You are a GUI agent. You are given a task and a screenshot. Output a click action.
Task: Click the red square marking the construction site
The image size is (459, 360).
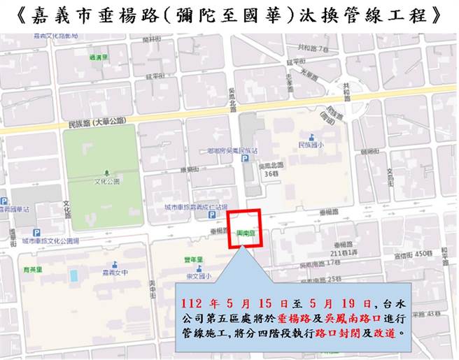pos(246,228)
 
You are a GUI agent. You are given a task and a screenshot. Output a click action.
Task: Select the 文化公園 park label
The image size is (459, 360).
pos(106,181)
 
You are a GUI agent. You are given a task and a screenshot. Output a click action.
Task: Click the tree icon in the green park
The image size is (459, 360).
pos(106,172)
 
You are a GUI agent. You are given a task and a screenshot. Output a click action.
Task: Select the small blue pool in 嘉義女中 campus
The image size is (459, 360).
pos(73,275)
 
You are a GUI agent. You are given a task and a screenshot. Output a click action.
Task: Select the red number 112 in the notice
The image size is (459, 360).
pos(192,304)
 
